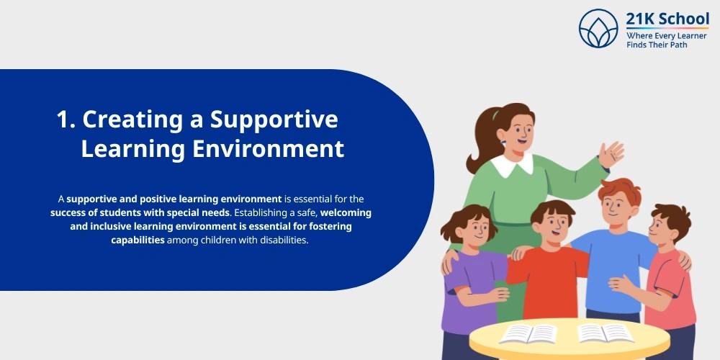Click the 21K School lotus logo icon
coord(598,28)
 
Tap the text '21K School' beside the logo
coord(667,19)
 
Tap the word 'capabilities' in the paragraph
coord(138,240)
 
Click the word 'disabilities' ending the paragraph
coord(280,240)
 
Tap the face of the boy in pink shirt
coord(662,230)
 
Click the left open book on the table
coord(528,334)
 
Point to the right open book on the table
coord(605,333)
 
